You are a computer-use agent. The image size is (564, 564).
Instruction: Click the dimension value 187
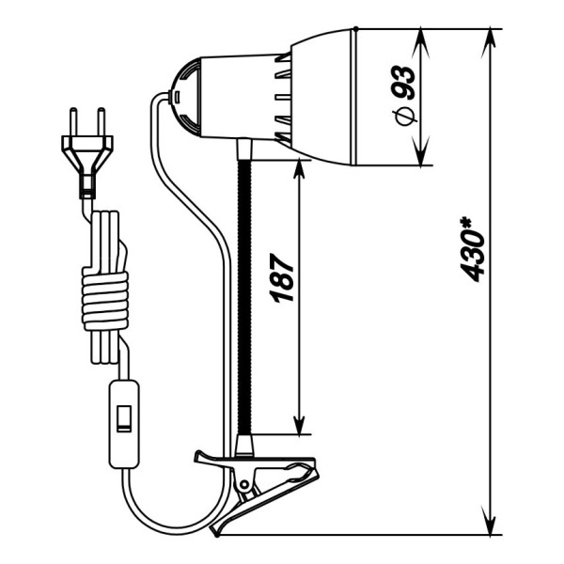point(282,278)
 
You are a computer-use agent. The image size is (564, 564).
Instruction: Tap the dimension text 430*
point(473,249)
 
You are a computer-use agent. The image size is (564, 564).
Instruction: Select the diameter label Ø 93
point(404,95)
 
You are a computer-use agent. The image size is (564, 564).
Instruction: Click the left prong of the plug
point(73,121)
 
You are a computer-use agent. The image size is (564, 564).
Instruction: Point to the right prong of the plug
point(102,121)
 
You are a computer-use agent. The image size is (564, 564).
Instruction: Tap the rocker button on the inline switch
point(124,418)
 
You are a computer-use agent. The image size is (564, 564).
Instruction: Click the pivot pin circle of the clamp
point(244,484)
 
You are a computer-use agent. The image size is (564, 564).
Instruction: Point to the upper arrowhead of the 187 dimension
point(299,169)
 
